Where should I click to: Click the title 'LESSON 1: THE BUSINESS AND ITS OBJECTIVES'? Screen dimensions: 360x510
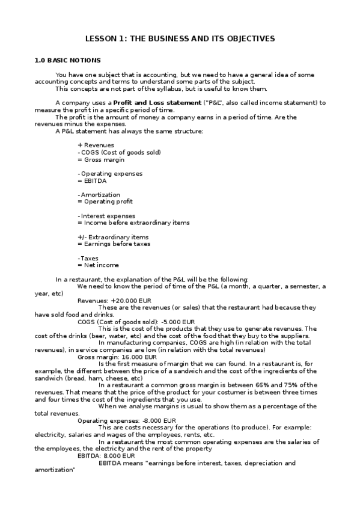[180, 38]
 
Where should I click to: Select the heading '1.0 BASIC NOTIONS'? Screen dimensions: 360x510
[67, 60]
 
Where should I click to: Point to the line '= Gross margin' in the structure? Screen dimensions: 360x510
[101, 159]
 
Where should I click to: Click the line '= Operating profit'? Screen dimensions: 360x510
[105, 201]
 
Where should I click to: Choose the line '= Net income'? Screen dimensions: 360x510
[98, 265]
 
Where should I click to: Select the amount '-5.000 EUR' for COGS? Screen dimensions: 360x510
[176, 322]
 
